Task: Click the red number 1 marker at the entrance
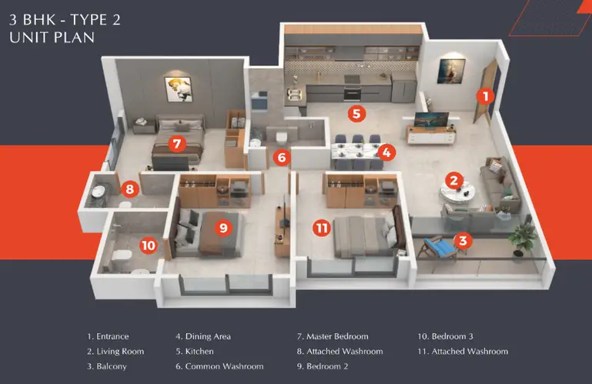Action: (486, 96)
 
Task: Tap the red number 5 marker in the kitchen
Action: (356, 113)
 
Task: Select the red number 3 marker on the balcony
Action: (463, 240)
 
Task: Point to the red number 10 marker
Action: (148, 245)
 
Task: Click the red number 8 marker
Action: (130, 189)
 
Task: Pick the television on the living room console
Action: (431, 119)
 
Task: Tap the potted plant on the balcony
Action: (523, 237)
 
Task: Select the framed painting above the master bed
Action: (178, 89)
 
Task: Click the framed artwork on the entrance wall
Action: (451, 71)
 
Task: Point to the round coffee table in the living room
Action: (457, 192)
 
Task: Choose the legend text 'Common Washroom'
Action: (224, 366)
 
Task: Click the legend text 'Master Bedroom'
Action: (337, 336)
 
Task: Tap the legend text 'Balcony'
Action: (112, 366)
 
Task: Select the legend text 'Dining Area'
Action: (208, 336)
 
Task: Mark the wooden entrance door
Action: (485, 91)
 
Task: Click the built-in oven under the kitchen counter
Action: (353, 94)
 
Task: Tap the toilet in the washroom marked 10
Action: (122, 256)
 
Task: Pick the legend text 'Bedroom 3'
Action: (453, 336)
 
